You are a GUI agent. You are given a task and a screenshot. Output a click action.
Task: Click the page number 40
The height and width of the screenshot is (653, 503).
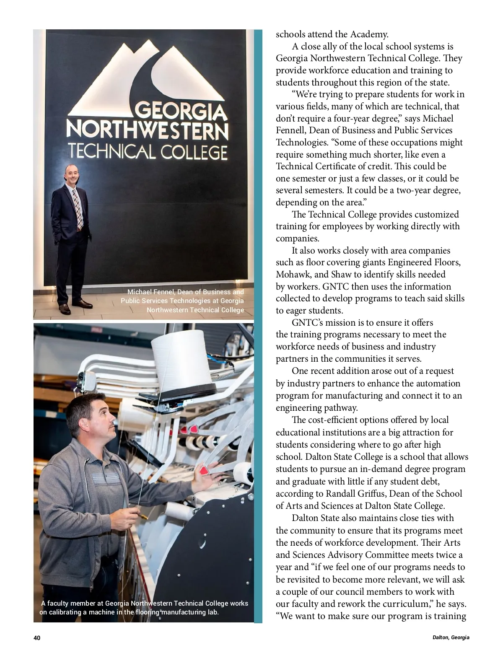click(x=37, y=638)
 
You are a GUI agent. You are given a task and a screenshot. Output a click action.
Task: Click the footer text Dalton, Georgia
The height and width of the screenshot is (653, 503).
click(x=451, y=637)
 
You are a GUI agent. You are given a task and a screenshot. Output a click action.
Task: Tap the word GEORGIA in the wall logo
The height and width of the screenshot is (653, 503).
click(x=181, y=112)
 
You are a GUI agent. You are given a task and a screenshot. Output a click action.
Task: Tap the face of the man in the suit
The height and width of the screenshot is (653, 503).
click(x=72, y=175)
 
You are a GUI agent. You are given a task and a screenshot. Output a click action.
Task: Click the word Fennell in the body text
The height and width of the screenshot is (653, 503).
click(x=291, y=130)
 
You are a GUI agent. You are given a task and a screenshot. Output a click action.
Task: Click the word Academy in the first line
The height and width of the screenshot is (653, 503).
click(x=370, y=34)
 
